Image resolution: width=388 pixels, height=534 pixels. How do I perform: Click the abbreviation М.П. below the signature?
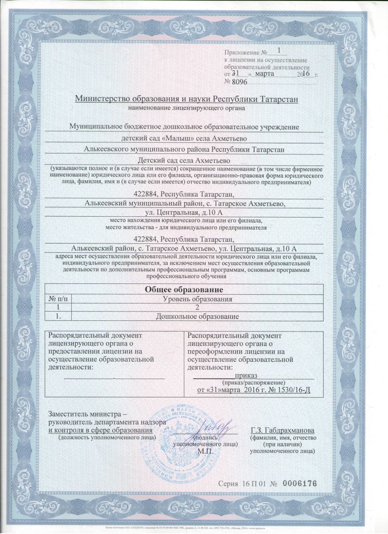pyautogui.click(x=205, y=450)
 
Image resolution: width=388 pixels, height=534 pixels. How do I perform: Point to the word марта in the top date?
pyautogui.click(x=272, y=73)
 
